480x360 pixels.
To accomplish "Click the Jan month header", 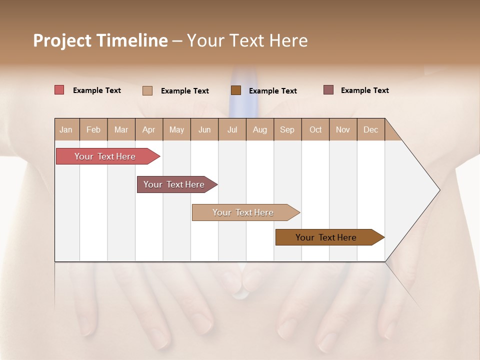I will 66,129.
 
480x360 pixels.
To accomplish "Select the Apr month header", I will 148,129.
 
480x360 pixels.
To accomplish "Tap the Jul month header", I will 232,129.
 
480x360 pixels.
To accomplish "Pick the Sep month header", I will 287,129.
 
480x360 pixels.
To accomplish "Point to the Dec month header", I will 370,129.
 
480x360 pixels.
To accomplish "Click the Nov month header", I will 342,129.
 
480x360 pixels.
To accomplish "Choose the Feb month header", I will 93,129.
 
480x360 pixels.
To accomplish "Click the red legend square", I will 59,90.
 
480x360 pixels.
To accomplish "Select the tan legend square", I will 147,90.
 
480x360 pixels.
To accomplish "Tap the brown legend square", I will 236,90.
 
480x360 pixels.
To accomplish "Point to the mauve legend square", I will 328,90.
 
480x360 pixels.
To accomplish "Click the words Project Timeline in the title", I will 100,40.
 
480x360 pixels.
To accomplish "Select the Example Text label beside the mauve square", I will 364,90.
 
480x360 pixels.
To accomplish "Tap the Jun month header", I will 204,129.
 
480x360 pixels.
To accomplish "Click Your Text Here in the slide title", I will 247,40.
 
